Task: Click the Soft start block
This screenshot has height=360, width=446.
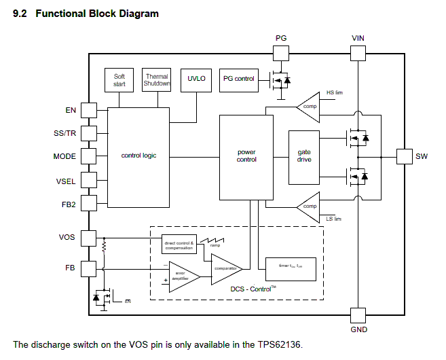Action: (119, 79)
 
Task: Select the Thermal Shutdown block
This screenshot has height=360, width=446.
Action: (157, 79)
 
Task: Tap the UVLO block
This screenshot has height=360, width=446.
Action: (196, 79)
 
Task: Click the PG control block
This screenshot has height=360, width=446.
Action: (239, 79)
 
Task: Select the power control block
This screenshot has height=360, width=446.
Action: (246, 157)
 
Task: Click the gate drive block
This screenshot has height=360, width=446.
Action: (304, 156)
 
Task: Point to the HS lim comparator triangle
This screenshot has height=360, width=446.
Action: (309, 106)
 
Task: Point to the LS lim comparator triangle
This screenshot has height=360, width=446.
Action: (309, 206)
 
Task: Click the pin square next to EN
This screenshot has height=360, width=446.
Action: (89, 110)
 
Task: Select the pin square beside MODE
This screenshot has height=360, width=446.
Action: (89, 157)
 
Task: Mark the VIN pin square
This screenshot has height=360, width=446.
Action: (358, 54)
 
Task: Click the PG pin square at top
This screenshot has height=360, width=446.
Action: (281, 54)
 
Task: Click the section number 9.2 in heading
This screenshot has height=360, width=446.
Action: (20, 14)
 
